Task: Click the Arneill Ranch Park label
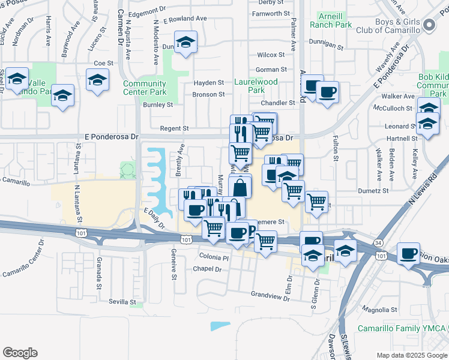[x=331, y=20]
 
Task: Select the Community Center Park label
[x=145, y=88]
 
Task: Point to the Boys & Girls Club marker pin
[x=429, y=25]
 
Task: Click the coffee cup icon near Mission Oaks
[x=409, y=254]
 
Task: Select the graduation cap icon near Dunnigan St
[x=186, y=42]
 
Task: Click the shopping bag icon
[x=240, y=188]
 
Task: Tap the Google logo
[x=20, y=352]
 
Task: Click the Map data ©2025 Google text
[x=411, y=355]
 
